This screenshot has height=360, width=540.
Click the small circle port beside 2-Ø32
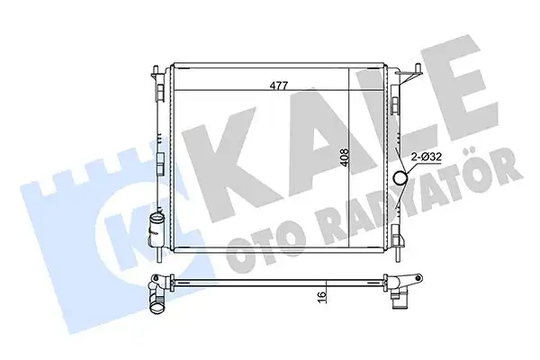point(401,176)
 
